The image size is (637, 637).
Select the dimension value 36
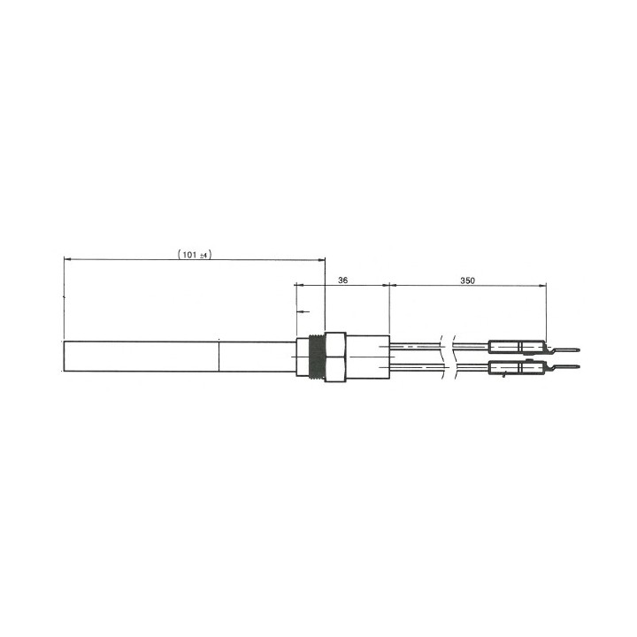[343, 280]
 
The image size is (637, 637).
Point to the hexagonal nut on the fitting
[335, 357]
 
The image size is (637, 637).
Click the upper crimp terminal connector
[517, 348]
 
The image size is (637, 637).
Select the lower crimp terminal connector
[517, 367]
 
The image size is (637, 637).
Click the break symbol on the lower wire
[453, 367]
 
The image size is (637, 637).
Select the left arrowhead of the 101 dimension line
[68, 259]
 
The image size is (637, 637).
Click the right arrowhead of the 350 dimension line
[542, 285]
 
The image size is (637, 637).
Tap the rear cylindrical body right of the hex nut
[368, 357]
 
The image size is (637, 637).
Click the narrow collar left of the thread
[298, 357]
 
